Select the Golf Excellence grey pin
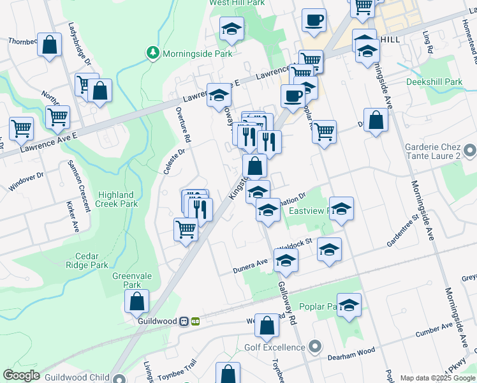(314, 347)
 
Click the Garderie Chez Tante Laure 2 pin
(471, 152)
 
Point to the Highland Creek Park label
(116, 199)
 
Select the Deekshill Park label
(434, 82)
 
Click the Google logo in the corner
(21, 376)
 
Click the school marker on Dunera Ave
(285, 261)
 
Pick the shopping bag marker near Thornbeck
(49, 45)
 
